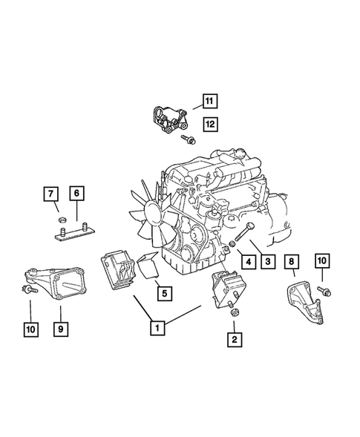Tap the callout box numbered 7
click(51, 195)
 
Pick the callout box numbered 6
click(76, 195)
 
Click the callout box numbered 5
click(165, 292)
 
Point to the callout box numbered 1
click(156, 325)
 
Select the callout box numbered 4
click(243, 262)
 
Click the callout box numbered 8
click(292, 260)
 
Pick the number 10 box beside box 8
click(321, 260)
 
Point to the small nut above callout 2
click(233, 313)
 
